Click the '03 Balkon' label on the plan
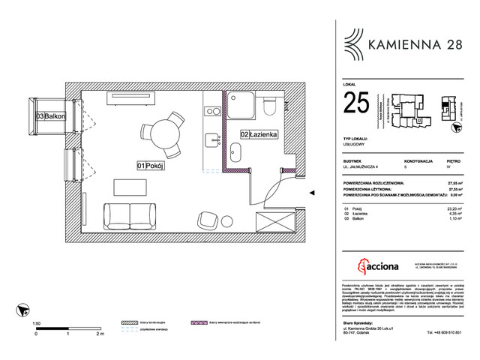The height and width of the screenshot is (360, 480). pos(50,116)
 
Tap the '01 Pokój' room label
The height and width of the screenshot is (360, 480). pos(150,165)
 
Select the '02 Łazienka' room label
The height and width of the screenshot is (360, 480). pos(259,134)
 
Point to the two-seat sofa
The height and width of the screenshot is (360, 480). pos(130,215)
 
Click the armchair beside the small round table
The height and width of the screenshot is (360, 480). pos(205,221)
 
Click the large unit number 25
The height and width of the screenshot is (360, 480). pos(357,103)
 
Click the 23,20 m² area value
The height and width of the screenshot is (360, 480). pos(454,209)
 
